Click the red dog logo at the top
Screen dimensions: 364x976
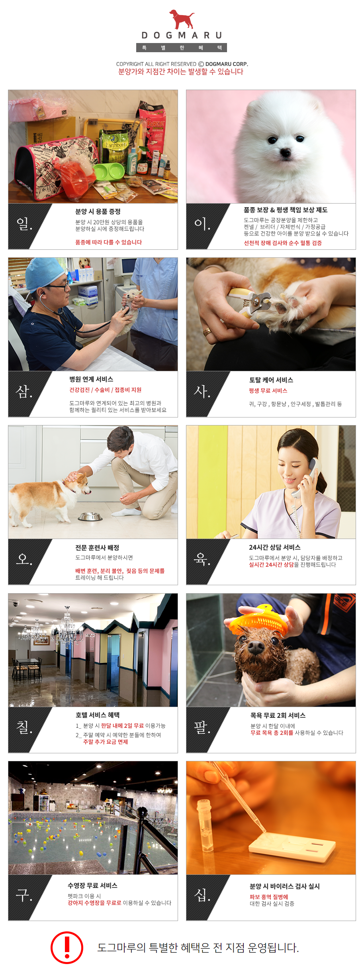click(x=182, y=19)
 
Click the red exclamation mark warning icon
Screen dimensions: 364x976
click(x=67, y=947)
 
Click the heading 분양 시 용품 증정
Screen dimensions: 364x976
click(x=98, y=212)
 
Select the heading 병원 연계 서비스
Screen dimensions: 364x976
click(x=91, y=379)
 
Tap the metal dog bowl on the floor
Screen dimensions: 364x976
click(x=90, y=517)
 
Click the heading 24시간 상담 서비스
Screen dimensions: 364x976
click(x=275, y=547)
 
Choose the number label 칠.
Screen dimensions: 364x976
click(x=24, y=727)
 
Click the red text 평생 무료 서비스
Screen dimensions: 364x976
click(x=268, y=391)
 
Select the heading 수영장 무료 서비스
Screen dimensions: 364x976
click(x=92, y=886)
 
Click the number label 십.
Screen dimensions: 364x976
click(x=202, y=895)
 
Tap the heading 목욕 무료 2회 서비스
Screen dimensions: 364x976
click(x=278, y=715)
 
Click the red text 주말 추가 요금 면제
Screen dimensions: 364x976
click(x=106, y=742)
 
